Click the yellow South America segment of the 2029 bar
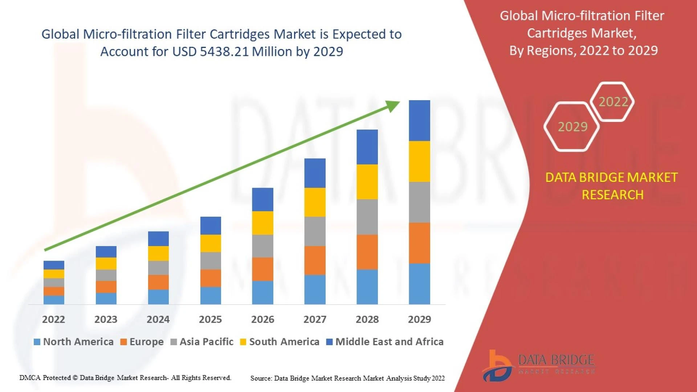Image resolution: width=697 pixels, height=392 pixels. point(419,161)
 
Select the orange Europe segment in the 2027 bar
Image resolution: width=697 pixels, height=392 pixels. point(315,260)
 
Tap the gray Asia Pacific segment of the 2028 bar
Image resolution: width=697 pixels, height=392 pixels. point(367,217)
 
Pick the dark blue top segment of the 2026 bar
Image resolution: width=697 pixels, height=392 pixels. point(262,199)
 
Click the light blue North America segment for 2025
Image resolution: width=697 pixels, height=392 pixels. point(211,295)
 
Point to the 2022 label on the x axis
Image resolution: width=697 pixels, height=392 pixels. point(53,319)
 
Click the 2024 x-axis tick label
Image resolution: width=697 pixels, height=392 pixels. point(158,319)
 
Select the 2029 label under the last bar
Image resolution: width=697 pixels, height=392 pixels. point(419,319)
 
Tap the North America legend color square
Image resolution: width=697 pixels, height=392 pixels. point(37,342)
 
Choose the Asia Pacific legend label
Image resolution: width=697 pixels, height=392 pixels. point(206,342)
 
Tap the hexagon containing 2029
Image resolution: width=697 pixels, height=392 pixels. point(572,126)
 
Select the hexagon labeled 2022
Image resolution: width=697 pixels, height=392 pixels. point(613,102)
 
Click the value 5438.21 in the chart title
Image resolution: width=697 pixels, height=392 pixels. point(224,52)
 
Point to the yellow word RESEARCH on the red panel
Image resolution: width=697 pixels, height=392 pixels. point(612,195)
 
